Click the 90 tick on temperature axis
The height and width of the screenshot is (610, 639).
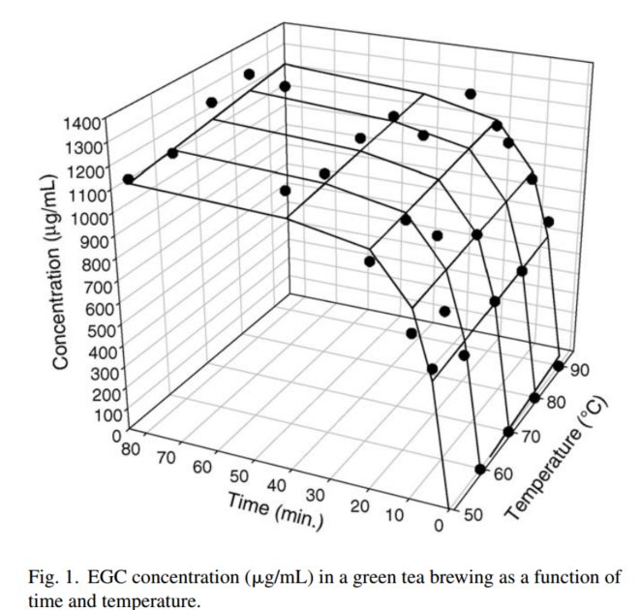[582, 371]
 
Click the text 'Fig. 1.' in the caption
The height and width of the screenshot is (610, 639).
[52, 578]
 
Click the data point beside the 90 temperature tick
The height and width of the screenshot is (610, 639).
[560, 366]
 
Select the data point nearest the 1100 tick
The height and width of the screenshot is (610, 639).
[129, 180]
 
